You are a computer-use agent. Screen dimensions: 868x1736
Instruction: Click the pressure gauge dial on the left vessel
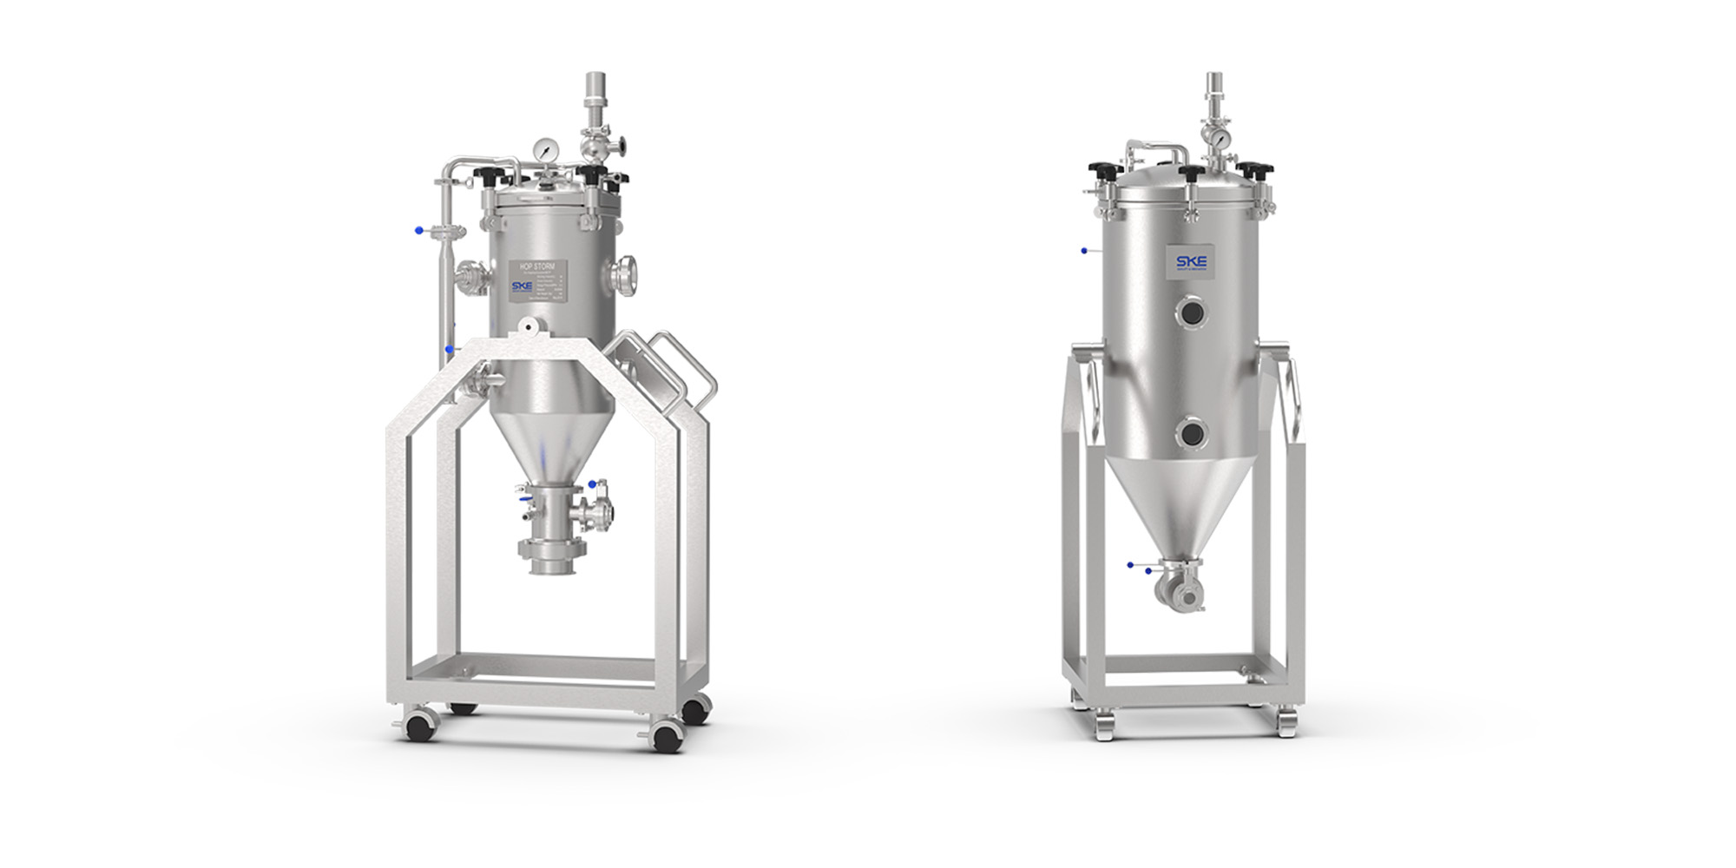pyautogui.click(x=543, y=149)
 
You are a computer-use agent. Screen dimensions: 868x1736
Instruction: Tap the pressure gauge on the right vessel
pyautogui.click(x=1220, y=139)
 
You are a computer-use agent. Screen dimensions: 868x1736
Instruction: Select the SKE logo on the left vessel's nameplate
pyautogui.click(x=523, y=286)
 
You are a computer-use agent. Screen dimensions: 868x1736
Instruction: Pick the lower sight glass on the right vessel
pyautogui.click(x=1192, y=431)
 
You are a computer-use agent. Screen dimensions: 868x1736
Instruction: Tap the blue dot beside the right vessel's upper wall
pyautogui.click(x=1084, y=251)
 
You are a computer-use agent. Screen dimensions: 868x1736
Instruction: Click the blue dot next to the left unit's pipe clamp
pyautogui.click(x=418, y=230)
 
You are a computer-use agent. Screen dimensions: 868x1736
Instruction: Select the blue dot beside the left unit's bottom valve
pyautogui.click(x=592, y=484)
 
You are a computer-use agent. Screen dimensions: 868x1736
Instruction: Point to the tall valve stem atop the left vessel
pyautogui.click(x=595, y=95)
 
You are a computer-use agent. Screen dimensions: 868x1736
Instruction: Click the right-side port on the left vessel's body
pyautogui.click(x=623, y=276)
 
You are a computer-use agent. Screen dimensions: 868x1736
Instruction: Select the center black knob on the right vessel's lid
pyautogui.click(x=1193, y=174)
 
